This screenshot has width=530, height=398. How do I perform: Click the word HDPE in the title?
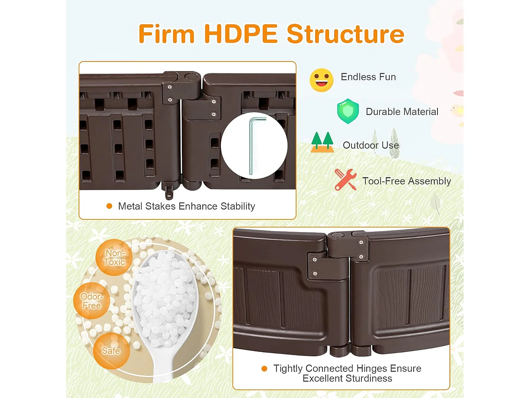(x=241, y=34)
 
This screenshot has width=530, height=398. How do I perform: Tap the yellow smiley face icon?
(x=322, y=80)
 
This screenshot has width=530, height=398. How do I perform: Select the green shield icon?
(x=348, y=111)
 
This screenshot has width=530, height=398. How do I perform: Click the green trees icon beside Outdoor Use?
(x=322, y=142)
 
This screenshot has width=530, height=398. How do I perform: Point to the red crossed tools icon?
(x=345, y=180)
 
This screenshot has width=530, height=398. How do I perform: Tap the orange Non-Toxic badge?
(x=114, y=258)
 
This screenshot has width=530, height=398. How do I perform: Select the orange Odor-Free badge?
(x=92, y=301)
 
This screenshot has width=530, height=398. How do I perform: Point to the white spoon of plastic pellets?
(x=165, y=307)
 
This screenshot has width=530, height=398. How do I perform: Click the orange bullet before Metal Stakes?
(x=109, y=206)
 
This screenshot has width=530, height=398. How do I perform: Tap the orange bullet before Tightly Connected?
(x=264, y=369)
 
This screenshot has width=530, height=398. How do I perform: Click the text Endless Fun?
(x=368, y=77)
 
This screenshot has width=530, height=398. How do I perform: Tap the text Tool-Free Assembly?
(x=407, y=181)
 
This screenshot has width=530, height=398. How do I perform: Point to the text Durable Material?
(x=402, y=112)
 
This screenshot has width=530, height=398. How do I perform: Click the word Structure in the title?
(x=346, y=34)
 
